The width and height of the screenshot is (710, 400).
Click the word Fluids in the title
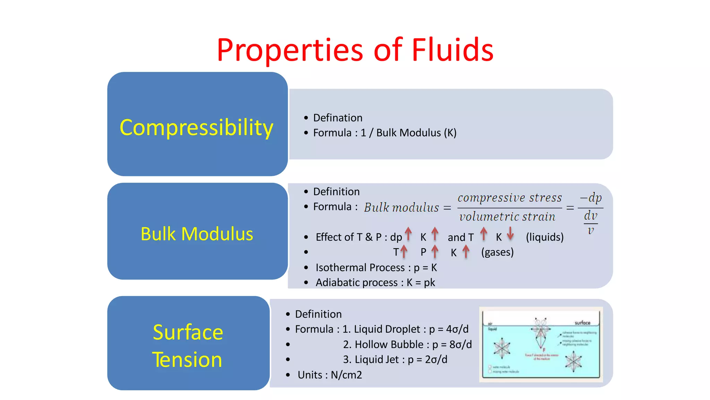452,50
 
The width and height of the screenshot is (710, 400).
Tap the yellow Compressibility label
196,127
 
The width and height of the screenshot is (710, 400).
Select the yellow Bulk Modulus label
197,234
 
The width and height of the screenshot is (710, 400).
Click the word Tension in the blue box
187,359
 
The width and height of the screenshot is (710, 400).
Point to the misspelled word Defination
338,118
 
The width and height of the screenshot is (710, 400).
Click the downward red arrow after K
510,233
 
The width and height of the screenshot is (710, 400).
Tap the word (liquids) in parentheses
544,237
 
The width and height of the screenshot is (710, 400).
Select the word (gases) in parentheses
497,252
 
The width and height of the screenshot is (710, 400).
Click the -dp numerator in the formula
591,198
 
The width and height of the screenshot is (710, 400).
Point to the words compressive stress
509,198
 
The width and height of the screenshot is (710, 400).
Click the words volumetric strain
507,217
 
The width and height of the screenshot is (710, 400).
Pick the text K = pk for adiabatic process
421,283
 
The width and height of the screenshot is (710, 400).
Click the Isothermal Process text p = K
425,268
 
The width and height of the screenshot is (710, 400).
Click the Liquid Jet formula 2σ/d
436,359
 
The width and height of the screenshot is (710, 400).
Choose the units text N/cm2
346,375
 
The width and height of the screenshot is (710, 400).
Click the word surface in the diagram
582,323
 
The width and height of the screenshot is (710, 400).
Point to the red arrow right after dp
408,234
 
